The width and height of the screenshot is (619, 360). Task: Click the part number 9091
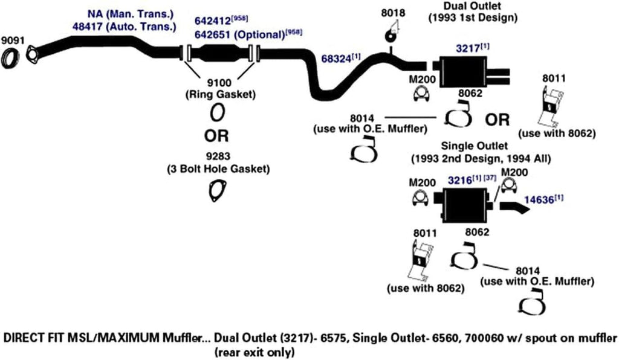[11, 40]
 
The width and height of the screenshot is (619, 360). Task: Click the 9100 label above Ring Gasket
[218, 83]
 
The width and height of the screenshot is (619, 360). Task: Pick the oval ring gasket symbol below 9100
[218, 112]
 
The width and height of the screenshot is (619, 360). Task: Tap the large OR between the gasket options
[216, 133]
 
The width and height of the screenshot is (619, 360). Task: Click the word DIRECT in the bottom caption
[22, 337]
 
